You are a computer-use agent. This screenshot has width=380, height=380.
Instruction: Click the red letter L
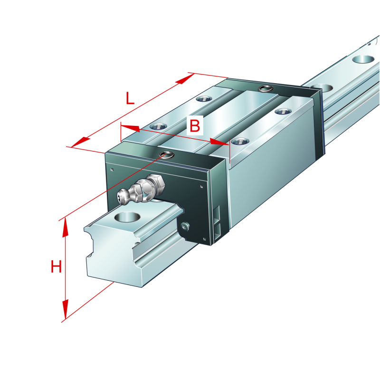pos(130,98)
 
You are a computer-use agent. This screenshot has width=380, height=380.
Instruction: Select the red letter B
pos(195,125)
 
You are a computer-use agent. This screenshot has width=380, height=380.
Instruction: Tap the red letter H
pos(56,266)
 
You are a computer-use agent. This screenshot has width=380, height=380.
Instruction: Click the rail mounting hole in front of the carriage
pos(127,217)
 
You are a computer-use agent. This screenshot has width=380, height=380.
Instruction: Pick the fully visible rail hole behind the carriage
pos(363,59)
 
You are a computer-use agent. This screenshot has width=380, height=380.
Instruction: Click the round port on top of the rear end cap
pos(266,88)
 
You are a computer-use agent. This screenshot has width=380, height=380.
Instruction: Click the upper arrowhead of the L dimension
pos(185,79)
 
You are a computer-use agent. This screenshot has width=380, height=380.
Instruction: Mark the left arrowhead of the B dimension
pos(130,128)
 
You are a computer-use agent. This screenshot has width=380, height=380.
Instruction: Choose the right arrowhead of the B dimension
pos(219,142)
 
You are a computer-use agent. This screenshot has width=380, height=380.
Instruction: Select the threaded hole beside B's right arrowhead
pos(240,141)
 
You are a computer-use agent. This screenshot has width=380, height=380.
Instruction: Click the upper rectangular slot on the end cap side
pos(217,213)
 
